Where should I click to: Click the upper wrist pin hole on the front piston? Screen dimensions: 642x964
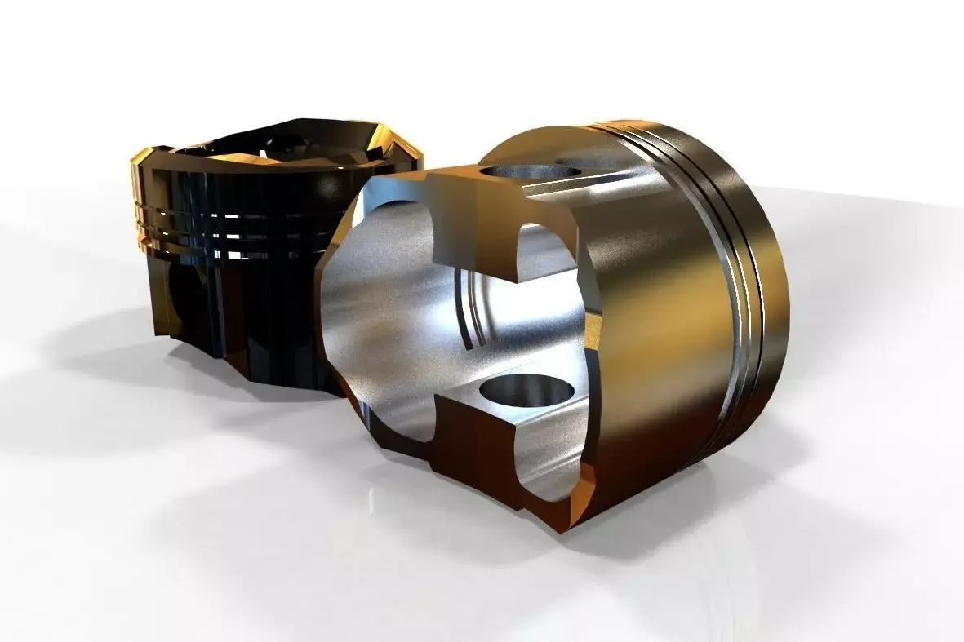[x=529, y=173]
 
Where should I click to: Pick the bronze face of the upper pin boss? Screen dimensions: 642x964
[x=473, y=220]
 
